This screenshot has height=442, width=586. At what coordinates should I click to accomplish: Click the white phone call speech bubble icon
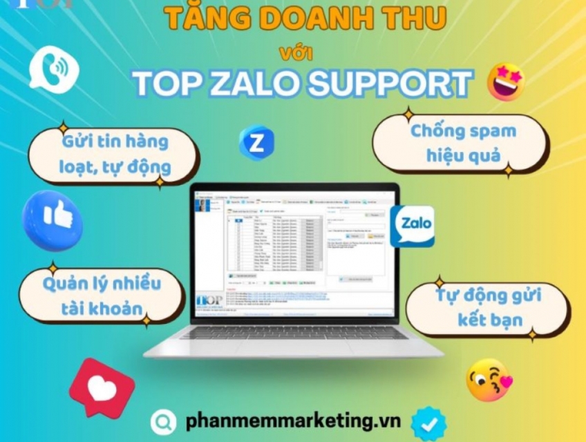coord(53,70)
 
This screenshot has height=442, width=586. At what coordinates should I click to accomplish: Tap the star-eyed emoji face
coord(506,82)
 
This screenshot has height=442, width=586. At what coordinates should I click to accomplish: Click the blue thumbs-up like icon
coord(53,220)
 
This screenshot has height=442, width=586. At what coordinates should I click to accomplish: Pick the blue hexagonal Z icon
coord(256,143)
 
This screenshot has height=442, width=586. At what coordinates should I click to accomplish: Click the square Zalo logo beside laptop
coord(412,226)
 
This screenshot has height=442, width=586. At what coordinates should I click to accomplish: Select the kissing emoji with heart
coord(489,380)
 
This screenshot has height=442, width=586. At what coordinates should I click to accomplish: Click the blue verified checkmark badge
coord(428,422)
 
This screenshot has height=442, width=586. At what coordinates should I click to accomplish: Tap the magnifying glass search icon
coord(164,421)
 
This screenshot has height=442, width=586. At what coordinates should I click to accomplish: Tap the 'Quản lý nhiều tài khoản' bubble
coord(101,295)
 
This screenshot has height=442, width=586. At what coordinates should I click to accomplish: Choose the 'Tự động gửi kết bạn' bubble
coord(488,309)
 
